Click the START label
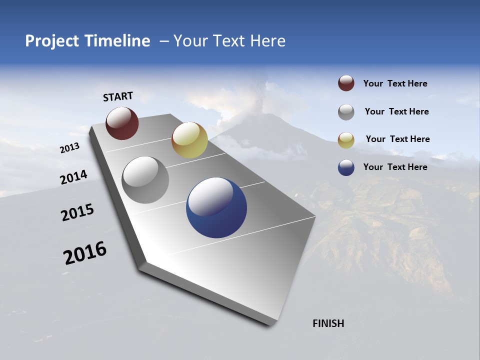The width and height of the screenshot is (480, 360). point(118,96)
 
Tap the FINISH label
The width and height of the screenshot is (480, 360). point(328,323)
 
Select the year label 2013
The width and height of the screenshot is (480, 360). point(70,148)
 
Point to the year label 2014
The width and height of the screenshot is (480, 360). point(73,177)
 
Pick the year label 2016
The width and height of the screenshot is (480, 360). point(85,253)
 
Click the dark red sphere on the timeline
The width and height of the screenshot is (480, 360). point(122,123)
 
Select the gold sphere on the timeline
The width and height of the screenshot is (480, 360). point(189,140)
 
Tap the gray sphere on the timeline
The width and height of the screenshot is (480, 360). point(145,180)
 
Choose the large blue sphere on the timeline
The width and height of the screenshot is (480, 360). point(216,207)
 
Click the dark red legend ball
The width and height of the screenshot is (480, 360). point(346,83)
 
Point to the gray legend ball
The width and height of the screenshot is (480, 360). point(346,112)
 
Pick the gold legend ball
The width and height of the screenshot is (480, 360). point(346,140)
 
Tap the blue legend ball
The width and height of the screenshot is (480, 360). point(346,167)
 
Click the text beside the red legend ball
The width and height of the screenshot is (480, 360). point(395,84)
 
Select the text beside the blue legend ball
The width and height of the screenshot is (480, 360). point(395,167)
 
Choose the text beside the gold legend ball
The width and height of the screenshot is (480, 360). point(397,139)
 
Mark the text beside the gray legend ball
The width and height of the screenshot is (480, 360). point(396,111)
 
